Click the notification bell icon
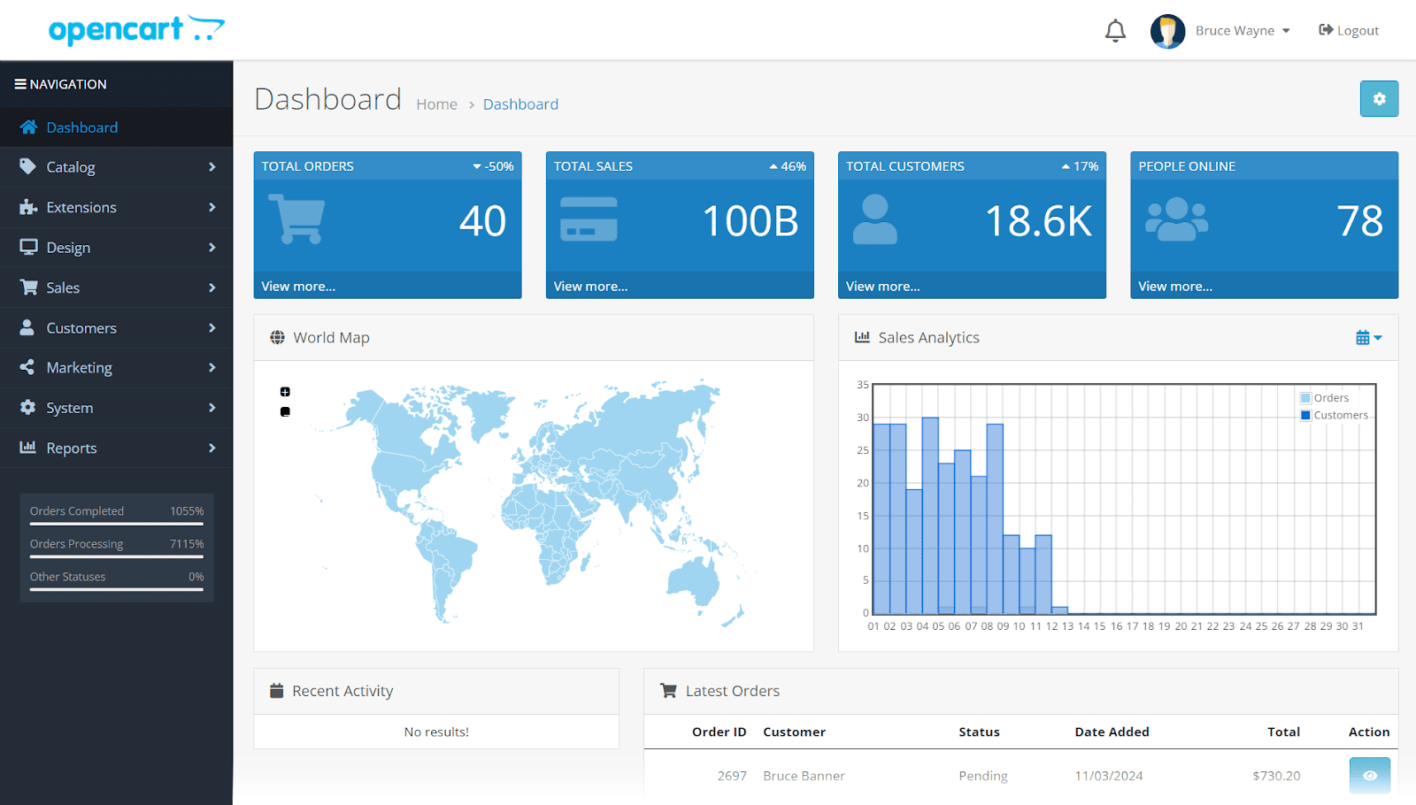pos(1115,31)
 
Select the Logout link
pos(1349,30)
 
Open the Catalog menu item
pos(71,167)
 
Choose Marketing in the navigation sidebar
pos(79,368)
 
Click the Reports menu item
pos(72,448)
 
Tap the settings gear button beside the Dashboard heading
pos(1379,99)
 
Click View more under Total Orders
pos(298,287)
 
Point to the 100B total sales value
pos(750,221)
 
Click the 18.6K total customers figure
pos(1038,221)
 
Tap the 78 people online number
pos(1359,221)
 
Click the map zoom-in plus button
pos(285,392)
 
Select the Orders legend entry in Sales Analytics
pos(1330,398)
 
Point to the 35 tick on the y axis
pos(863,385)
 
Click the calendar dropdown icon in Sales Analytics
pos(1368,338)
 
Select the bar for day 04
pos(930,516)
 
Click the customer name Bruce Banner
pos(804,776)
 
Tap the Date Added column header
pos(1112,732)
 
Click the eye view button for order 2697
pos(1369,776)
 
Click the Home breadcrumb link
pos(437,104)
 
